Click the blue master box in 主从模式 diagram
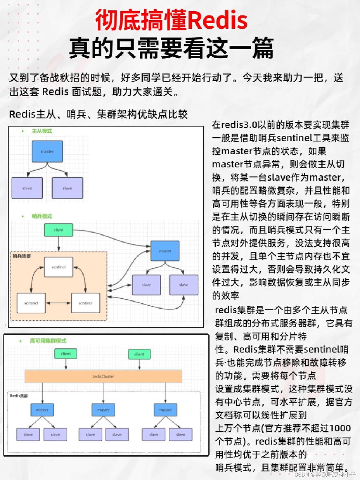tap(47, 151)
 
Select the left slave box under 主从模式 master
tap(27, 188)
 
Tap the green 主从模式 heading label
tap(42, 131)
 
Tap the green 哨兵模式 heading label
tap(42, 216)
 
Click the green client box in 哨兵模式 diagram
tap(59, 230)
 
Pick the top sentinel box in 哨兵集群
tap(59, 267)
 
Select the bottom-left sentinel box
tap(31, 303)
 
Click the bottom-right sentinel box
tap(86, 303)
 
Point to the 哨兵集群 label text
tap(22, 256)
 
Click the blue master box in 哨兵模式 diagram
tap(165, 251)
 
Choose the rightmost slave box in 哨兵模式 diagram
tap(184, 285)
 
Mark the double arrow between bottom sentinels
tap(58, 303)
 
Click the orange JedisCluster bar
tap(103, 376)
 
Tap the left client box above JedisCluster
tap(66, 354)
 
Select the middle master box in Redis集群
tap(103, 410)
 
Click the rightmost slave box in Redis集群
tap(180, 434)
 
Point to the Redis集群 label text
tap(19, 396)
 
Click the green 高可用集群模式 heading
tap(48, 341)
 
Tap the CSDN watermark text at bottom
tap(325, 474)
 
